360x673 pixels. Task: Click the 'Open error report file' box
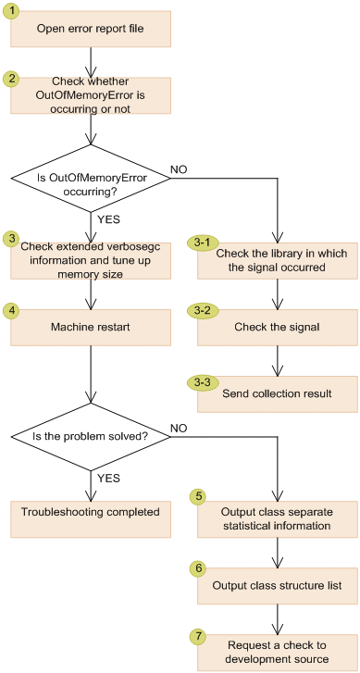91,29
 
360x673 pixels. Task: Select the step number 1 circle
11,11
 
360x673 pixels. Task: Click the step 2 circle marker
11,77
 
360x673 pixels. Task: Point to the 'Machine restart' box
91,327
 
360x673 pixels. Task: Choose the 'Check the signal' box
277,327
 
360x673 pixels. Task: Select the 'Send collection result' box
277,393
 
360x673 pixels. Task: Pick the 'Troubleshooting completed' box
91,511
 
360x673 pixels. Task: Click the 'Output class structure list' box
277,586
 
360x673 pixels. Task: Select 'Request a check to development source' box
277,652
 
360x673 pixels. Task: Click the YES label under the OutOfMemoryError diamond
108,220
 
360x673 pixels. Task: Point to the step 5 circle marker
197,496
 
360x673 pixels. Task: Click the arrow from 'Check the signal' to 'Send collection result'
277,360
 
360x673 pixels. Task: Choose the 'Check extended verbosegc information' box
91,261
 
